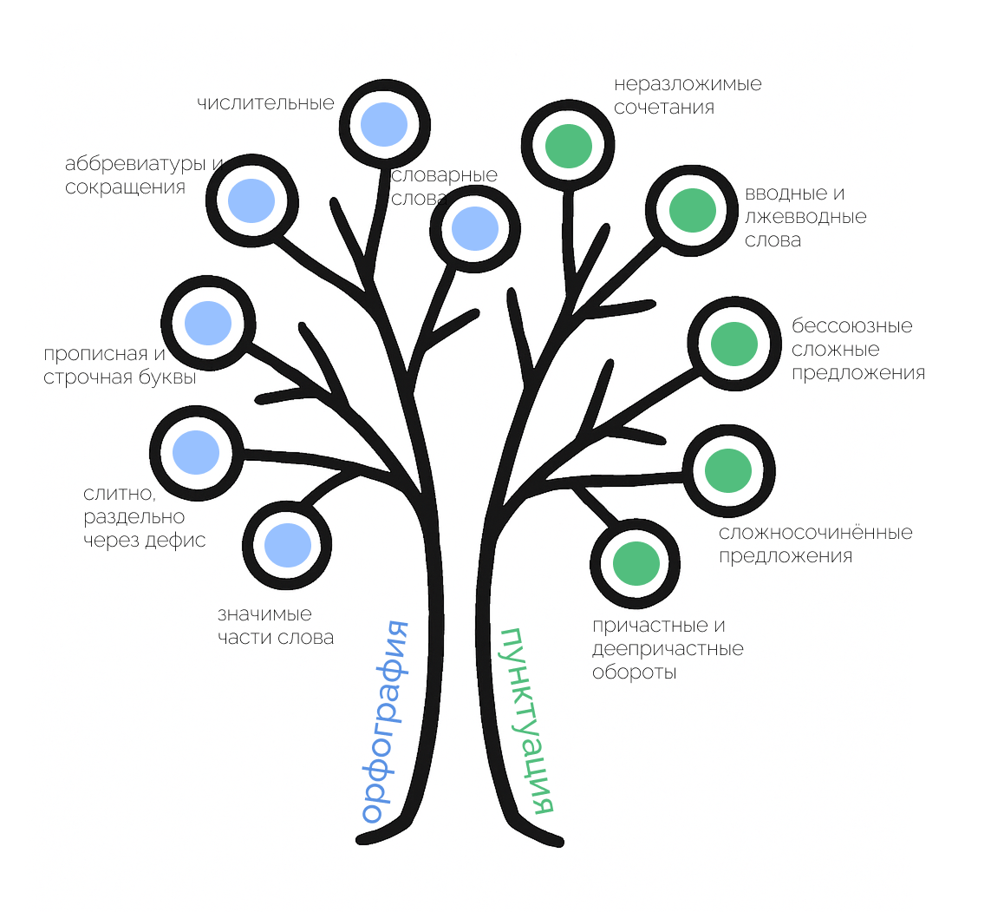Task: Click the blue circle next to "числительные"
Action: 383,124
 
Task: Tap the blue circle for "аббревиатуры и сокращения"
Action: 251,200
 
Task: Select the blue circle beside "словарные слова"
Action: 475,228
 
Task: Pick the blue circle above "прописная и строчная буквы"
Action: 208,322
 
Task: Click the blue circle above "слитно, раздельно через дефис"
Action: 196,451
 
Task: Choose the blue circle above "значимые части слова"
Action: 287,544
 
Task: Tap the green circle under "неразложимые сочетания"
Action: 569,145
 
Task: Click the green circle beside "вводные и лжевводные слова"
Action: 692,210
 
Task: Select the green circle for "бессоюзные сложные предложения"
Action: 733,344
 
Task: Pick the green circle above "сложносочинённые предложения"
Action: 727,469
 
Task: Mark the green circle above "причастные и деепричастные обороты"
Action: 636,563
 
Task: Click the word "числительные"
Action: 265,103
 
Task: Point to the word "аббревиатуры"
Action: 135,163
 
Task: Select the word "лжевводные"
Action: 806,217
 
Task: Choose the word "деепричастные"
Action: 668,649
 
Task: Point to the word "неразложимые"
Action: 688,84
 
